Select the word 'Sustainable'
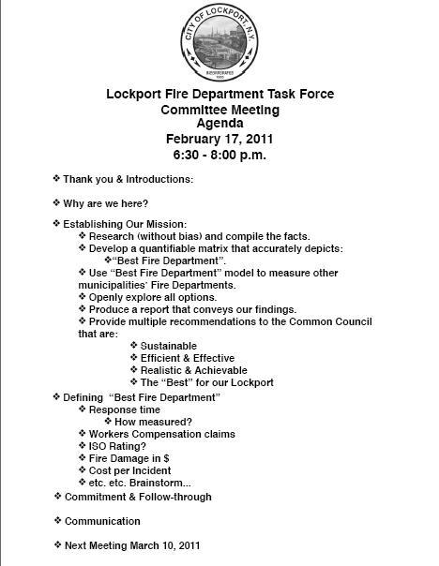coord(169,346)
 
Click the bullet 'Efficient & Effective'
coord(187,358)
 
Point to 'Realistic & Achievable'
coord(192,370)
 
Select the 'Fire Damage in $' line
coord(131,458)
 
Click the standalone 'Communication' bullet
coord(104,520)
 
